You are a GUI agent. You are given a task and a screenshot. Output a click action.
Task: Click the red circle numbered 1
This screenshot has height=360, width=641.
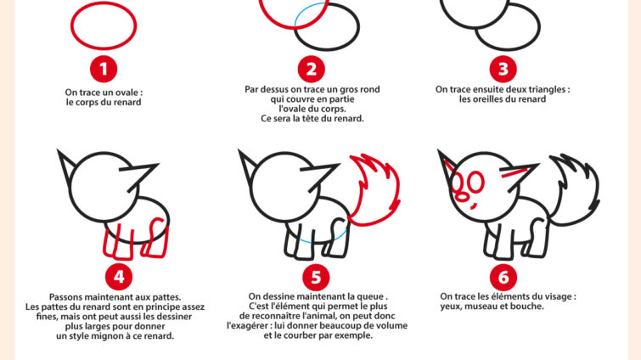104,67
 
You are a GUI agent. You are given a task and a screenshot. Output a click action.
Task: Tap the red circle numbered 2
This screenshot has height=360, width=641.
311,67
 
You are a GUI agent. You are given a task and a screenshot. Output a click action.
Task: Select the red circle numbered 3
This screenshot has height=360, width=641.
503,67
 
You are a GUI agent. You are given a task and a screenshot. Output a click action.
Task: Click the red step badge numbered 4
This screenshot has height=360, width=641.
119,276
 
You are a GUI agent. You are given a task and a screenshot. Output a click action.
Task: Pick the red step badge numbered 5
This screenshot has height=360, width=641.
316,276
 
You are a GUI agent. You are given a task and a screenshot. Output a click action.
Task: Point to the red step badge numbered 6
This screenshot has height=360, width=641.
503,276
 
